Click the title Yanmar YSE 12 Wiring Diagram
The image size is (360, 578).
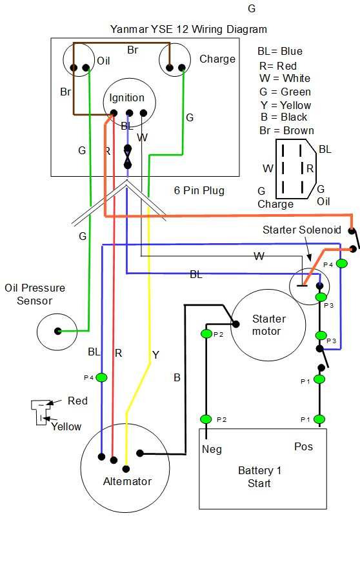188,30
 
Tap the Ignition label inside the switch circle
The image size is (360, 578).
126,98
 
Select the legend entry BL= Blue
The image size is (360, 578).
280,51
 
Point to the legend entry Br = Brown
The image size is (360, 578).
286,130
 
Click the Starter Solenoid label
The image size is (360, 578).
302,230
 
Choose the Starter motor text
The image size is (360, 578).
269,325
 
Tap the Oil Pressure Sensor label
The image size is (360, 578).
35,294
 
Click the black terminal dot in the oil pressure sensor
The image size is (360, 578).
58,331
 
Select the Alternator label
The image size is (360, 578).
127,481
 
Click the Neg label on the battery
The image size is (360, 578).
212,450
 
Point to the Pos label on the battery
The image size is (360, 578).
303,447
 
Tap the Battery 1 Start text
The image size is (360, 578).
259,477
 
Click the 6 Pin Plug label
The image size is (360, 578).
199,190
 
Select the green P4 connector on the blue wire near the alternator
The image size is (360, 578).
101,377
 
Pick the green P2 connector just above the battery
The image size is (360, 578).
206,419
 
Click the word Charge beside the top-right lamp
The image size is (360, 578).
217,59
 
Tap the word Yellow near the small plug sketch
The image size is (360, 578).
66,426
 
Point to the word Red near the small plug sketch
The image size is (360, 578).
77,401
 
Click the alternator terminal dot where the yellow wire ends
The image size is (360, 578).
126,469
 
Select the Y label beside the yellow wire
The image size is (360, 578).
155,355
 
